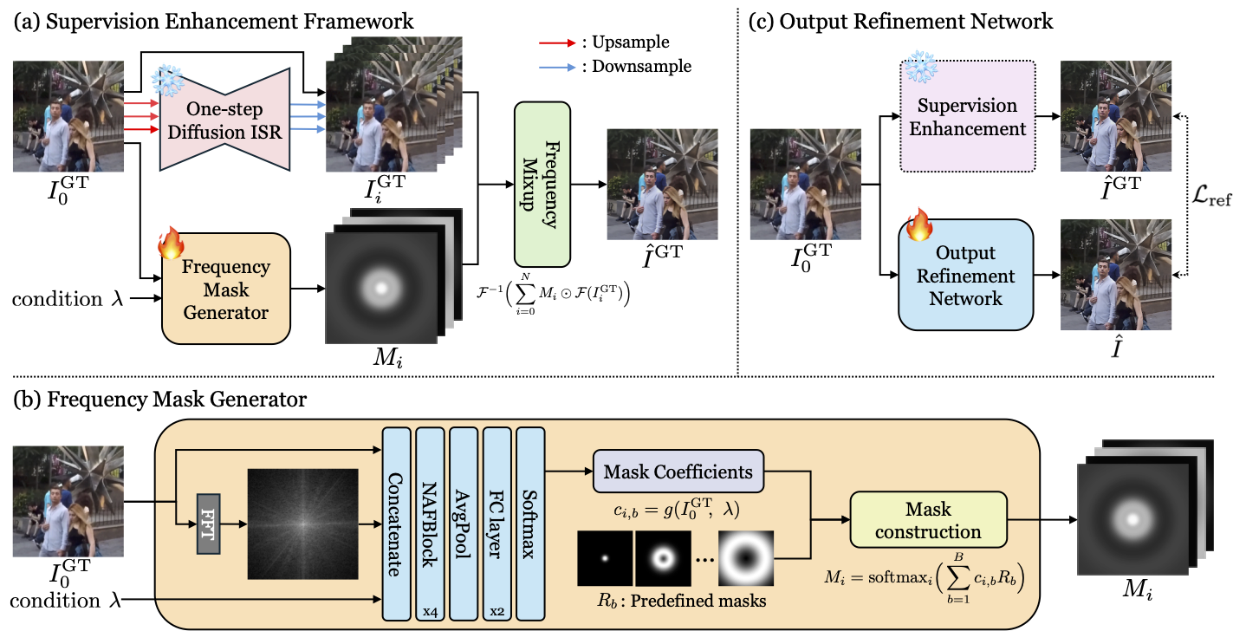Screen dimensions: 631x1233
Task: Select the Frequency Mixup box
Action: (542, 183)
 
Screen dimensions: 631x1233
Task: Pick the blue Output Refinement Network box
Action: (966, 276)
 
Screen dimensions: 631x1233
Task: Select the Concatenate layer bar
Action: (396, 524)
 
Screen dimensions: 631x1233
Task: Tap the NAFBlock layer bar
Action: (429, 524)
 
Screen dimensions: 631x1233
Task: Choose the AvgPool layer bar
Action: (463, 524)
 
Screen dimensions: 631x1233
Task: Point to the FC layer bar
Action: (496, 524)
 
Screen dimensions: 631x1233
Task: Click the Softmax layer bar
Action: (529, 524)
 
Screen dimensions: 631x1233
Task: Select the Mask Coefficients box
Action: (678, 473)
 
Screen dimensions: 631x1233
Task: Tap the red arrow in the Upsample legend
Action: (556, 42)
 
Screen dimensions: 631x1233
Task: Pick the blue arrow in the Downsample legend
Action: (556, 66)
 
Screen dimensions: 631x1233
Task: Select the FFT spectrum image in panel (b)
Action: (302, 525)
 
